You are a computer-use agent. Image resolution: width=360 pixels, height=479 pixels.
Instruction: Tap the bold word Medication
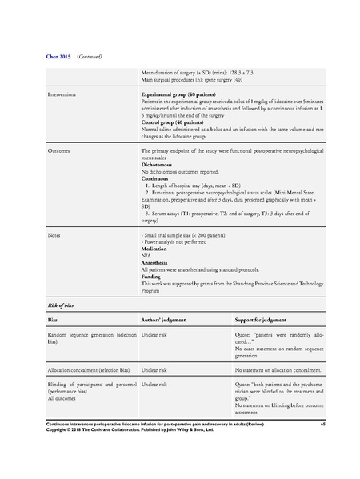point(156,249)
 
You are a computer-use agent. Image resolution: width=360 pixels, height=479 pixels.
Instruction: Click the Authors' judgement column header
point(163,320)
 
